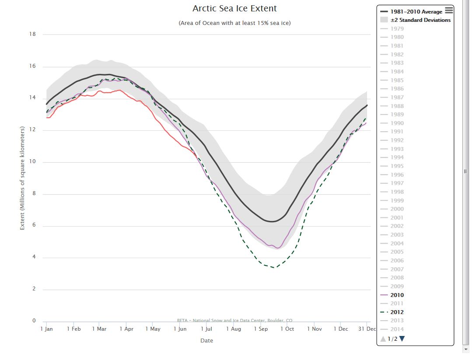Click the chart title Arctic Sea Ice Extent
click(x=234, y=9)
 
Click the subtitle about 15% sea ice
click(x=234, y=23)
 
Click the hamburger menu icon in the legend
click(x=449, y=10)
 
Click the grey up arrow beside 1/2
click(x=383, y=339)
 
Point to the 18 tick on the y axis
click(x=32, y=34)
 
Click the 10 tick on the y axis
click(x=32, y=162)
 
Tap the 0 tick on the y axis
click(x=34, y=321)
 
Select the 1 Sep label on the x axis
click(x=261, y=329)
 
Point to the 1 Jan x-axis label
click(x=46, y=329)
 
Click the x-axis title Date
click(x=206, y=340)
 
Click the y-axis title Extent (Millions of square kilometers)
click(x=22, y=178)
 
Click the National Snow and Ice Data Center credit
click(x=234, y=320)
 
